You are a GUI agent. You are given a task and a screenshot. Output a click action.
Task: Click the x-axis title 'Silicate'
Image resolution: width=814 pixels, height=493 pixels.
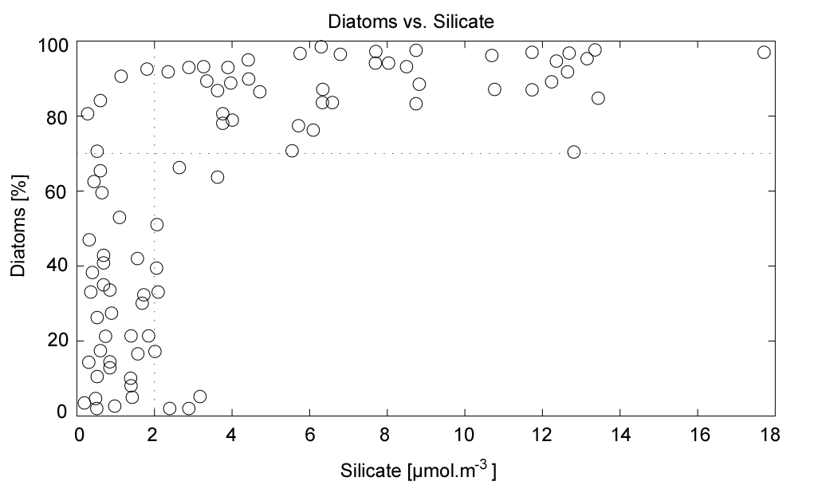point(451,472)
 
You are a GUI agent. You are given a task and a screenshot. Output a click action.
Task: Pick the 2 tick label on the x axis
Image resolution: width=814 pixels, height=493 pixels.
point(154,436)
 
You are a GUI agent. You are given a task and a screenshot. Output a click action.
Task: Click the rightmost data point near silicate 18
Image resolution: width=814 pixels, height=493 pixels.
point(764,53)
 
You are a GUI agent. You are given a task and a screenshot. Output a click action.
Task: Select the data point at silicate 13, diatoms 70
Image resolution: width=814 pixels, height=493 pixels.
point(574,152)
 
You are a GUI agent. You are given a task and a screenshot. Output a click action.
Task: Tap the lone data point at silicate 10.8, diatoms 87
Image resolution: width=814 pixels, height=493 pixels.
point(494,89)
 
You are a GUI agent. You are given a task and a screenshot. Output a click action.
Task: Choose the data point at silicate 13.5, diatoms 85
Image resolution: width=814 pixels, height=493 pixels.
point(598,98)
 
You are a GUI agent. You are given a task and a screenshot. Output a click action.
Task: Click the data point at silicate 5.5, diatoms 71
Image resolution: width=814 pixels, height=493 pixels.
point(292,151)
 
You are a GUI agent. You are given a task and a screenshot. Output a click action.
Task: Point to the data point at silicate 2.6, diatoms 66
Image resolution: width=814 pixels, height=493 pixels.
point(179,168)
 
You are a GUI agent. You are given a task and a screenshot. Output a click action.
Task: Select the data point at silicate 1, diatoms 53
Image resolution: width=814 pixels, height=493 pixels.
point(120,217)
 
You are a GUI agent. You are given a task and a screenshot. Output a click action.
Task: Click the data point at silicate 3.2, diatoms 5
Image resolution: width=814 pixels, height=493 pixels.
point(200,396)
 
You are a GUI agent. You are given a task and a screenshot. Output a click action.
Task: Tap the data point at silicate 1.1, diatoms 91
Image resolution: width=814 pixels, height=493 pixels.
point(121,77)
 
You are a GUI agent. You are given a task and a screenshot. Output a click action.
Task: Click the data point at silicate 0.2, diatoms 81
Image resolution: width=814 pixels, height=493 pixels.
point(88,114)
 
